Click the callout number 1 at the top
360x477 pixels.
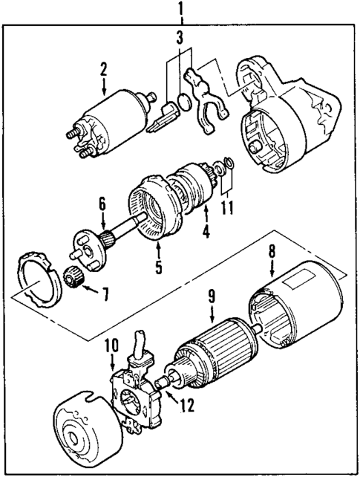pos(179,10)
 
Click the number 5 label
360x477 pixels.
pos(158,266)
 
